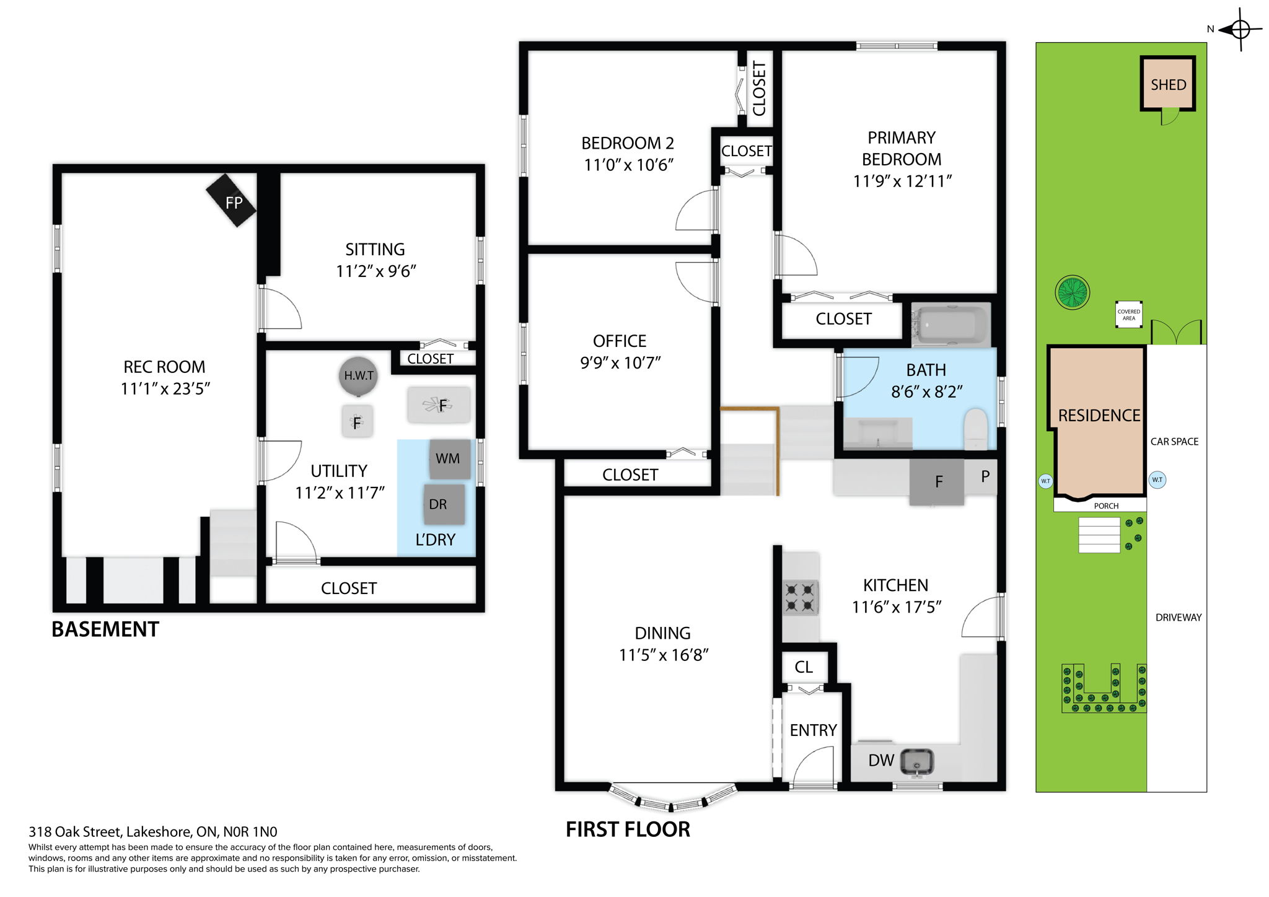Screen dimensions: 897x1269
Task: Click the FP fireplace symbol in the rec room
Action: (x=231, y=201)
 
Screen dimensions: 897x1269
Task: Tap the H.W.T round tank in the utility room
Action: (x=358, y=376)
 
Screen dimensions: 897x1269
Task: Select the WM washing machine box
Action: (x=449, y=459)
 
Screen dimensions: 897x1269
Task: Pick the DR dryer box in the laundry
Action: (x=444, y=504)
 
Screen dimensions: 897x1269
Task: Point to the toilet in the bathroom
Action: (x=975, y=429)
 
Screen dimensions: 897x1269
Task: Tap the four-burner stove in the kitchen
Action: (x=800, y=597)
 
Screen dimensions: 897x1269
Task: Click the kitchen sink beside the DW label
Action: (x=916, y=761)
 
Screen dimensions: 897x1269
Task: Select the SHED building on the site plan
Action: (x=1168, y=84)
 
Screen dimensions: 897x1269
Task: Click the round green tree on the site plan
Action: (x=1072, y=292)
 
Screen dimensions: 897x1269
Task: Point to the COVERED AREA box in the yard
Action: (x=1128, y=315)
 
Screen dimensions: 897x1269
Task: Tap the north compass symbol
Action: (x=1239, y=29)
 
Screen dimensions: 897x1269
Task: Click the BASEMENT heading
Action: (x=105, y=629)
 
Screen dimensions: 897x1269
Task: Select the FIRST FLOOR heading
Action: (x=627, y=829)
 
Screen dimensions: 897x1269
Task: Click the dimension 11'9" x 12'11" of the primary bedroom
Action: (x=902, y=182)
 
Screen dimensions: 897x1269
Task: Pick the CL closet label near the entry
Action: (x=804, y=667)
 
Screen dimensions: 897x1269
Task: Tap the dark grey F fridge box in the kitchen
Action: (x=937, y=482)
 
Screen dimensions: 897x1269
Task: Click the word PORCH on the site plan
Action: (x=1106, y=506)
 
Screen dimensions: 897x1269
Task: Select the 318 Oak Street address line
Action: (x=153, y=832)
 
